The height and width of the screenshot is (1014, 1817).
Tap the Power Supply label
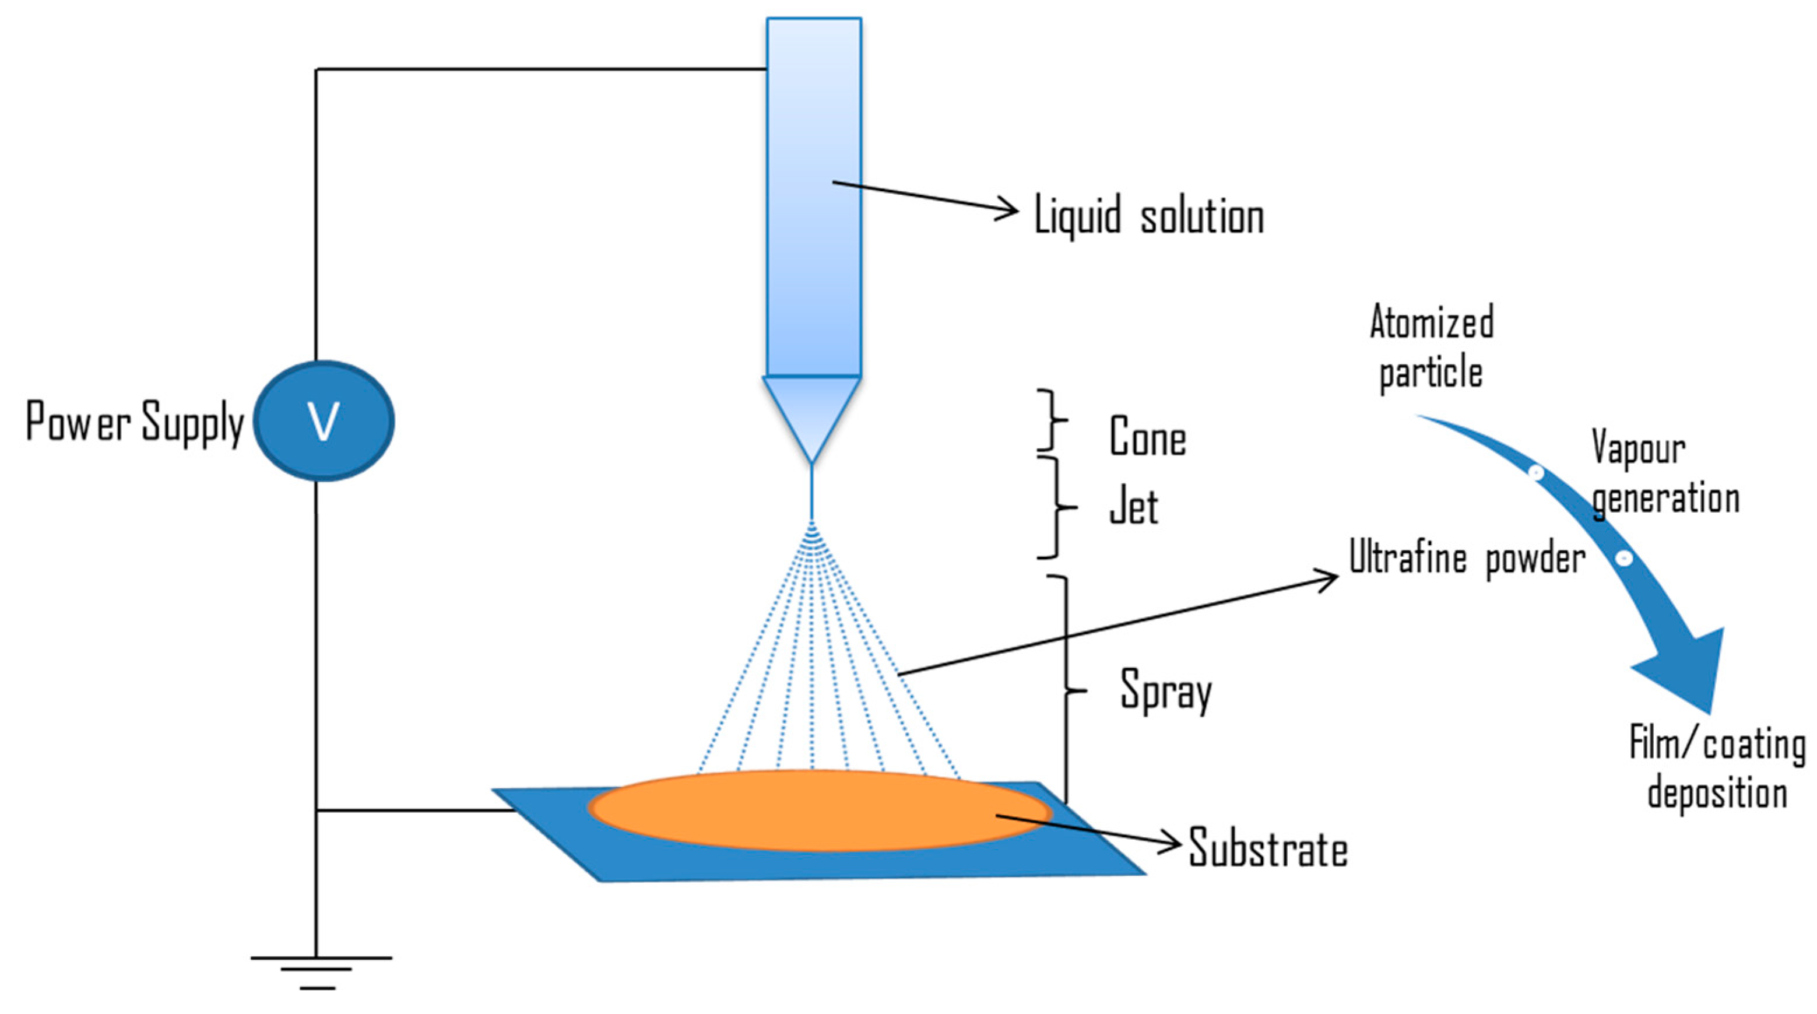coord(134,422)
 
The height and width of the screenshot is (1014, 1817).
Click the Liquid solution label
coord(1148,216)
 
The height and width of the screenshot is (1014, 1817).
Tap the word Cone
coord(1148,437)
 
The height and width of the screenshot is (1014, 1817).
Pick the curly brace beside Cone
coord(1052,420)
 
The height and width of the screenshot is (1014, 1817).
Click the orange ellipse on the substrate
coord(818,810)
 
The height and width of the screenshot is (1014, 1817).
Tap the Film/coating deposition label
coord(1717,769)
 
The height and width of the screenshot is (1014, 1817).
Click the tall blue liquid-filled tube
coord(814,198)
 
